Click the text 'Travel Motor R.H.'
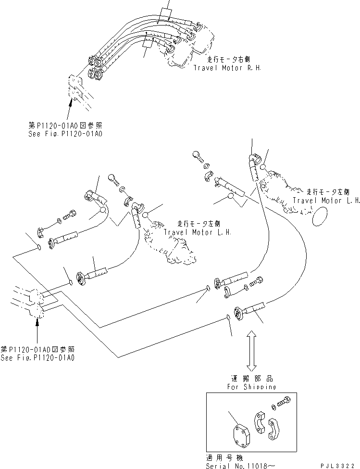227,68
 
